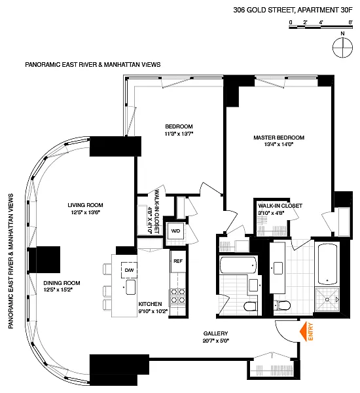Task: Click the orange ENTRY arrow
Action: tap(304, 331)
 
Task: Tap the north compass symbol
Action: tap(342, 47)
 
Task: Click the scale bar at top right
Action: tap(321, 27)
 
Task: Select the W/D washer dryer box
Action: tap(175, 231)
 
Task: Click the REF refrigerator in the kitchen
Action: tap(178, 261)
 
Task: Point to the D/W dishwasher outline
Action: tap(129, 270)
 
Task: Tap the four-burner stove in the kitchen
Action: tap(178, 296)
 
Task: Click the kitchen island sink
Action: tap(131, 287)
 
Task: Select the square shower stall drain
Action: tap(327, 299)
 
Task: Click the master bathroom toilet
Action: tap(282, 305)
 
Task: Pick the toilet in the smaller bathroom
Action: tap(251, 306)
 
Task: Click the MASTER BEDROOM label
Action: tap(279, 138)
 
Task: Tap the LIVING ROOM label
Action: tap(85, 205)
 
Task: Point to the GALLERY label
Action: tap(215, 333)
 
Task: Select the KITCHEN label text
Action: tap(150, 304)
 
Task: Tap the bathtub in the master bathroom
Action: tap(327, 264)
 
